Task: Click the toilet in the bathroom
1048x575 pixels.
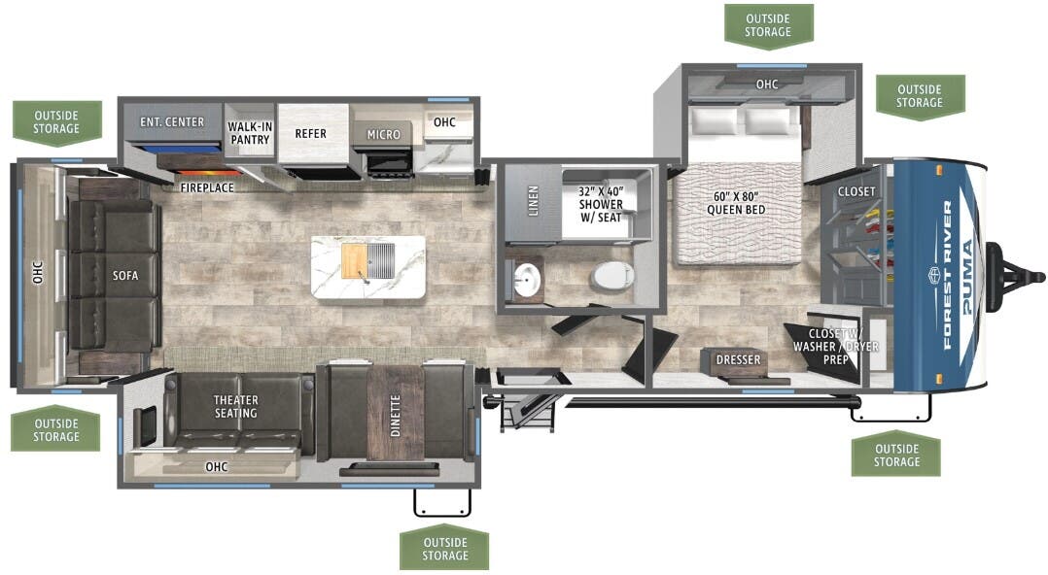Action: pos(610,278)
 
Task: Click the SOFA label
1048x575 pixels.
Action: pos(124,276)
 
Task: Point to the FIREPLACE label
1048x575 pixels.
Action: pos(207,186)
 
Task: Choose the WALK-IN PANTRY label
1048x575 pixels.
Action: pos(249,133)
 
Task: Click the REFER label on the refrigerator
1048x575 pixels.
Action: pos(311,134)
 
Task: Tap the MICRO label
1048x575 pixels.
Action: pos(383,134)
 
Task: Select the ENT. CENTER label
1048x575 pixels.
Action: pos(172,122)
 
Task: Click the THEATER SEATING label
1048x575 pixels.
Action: pos(236,406)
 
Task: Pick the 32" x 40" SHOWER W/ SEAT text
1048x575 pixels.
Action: pos(601,198)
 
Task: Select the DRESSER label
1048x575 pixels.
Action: pos(738,360)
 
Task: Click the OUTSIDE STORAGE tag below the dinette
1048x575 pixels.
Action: pos(444,549)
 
